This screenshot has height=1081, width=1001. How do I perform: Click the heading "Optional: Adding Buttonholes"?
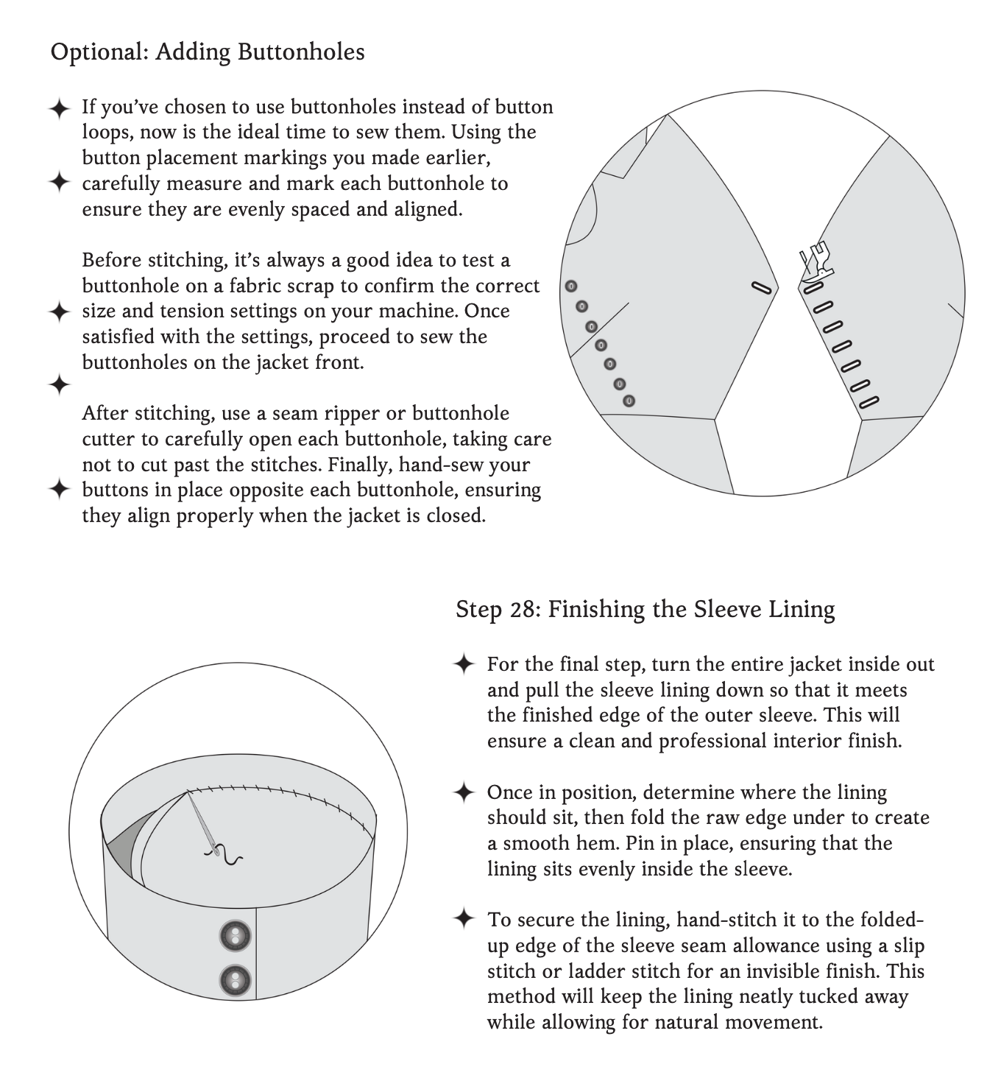coord(208,52)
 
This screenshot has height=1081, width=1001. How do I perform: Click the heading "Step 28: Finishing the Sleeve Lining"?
coord(645,610)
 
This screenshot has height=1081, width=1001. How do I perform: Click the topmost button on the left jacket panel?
coord(571,286)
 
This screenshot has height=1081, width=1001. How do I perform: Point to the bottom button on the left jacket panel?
coord(629,401)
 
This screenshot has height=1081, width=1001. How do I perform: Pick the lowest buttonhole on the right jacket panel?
coord(869,402)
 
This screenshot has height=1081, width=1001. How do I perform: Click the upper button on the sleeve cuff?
coord(236,937)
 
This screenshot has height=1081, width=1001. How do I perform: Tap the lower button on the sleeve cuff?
coord(236,980)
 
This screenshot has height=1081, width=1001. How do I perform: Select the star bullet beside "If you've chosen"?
coord(59,109)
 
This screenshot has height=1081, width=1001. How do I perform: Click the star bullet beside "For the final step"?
coord(464,664)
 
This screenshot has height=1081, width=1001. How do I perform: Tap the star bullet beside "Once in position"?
coord(464,792)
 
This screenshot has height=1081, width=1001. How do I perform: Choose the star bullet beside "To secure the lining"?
coord(464,919)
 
